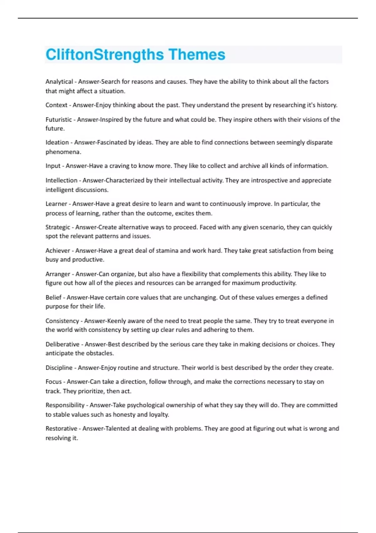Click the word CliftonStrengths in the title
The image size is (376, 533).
[x=105, y=55]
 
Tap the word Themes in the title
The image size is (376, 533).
[x=197, y=55]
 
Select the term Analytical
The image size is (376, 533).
[x=59, y=82]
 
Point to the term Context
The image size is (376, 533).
[x=56, y=105]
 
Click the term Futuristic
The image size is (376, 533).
[x=59, y=119]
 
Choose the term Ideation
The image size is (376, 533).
[x=57, y=142]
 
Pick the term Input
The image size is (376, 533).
[x=53, y=166]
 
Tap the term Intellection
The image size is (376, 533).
[x=61, y=180]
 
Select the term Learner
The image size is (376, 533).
[x=56, y=204]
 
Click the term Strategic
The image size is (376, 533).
[x=58, y=227]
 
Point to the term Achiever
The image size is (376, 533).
[x=58, y=251]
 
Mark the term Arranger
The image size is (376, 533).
[x=58, y=274]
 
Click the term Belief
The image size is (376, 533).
[x=54, y=297]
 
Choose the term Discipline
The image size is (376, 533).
[x=59, y=367]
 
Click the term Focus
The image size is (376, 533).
[x=54, y=382]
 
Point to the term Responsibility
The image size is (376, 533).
[x=65, y=405]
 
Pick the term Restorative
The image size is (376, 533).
[x=61, y=428]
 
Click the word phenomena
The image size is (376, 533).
[x=63, y=152]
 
